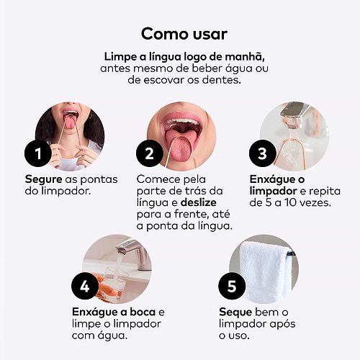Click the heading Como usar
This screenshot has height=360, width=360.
point(184,34)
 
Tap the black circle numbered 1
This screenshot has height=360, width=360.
point(38,153)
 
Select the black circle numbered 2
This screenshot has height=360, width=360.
point(150,153)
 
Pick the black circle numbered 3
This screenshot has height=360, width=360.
point(263,153)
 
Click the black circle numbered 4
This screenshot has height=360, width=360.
point(85,286)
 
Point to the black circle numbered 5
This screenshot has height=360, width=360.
point(232,286)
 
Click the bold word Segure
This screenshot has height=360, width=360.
point(44,180)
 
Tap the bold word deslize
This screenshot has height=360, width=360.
point(199,202)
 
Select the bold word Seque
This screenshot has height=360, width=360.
point(235,312)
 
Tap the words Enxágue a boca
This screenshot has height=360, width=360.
point(114,312)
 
